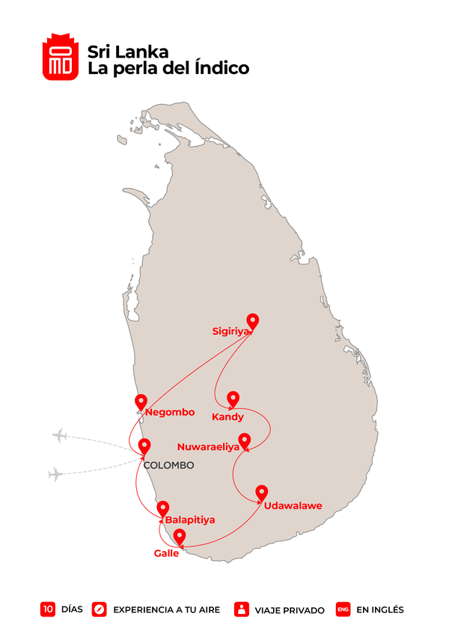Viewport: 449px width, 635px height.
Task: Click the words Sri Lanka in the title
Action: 128,52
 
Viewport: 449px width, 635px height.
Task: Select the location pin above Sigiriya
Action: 253,322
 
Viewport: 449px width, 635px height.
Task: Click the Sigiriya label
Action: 230,330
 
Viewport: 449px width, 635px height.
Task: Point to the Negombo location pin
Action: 140,402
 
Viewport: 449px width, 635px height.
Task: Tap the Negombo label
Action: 170,413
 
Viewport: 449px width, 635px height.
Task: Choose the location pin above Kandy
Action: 233,399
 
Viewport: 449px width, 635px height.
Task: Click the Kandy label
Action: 227,417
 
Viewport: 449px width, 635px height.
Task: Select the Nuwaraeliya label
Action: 208,447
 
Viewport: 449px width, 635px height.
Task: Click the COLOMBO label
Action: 168,465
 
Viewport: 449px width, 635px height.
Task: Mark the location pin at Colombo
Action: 144,446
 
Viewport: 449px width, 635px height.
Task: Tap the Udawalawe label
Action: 293,505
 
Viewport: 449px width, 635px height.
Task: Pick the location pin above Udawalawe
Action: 261,493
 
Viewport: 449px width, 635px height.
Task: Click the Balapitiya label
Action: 190,519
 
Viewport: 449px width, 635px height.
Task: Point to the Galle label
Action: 166,553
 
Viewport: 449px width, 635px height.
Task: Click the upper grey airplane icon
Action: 60,436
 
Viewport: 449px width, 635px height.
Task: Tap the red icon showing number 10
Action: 48,610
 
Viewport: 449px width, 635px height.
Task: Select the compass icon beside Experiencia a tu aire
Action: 100,610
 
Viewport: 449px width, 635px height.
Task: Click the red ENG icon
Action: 343,610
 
